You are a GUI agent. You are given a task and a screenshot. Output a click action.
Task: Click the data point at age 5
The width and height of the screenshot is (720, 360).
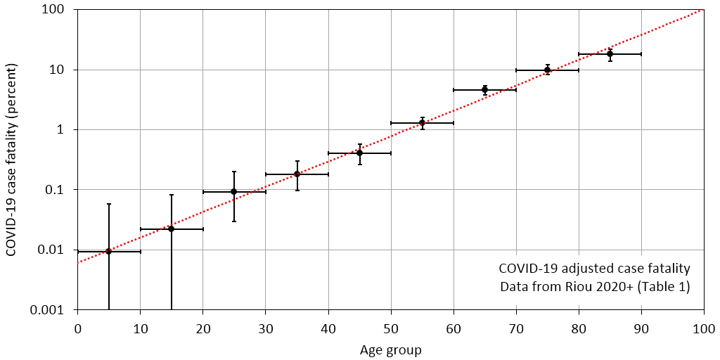[108, 251]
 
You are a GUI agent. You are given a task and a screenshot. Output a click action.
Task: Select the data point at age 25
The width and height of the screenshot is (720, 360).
[233, 191]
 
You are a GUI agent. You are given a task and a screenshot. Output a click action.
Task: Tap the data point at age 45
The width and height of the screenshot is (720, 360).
[359, 153]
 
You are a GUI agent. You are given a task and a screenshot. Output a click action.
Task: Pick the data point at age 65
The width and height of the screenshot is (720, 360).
[484, 89]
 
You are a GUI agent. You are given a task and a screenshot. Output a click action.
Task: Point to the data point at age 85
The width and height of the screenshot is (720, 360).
[610, 53]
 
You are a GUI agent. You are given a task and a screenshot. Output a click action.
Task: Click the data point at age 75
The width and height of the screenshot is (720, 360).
[547, 70]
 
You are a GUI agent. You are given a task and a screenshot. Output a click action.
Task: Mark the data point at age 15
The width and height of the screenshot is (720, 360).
[171, 229]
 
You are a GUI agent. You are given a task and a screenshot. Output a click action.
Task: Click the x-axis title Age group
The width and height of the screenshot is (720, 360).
[390, 349]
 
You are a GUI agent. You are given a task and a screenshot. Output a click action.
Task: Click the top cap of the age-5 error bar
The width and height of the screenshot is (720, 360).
[108, 204]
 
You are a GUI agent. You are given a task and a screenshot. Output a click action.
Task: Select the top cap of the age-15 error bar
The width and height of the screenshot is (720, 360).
[171, 195]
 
